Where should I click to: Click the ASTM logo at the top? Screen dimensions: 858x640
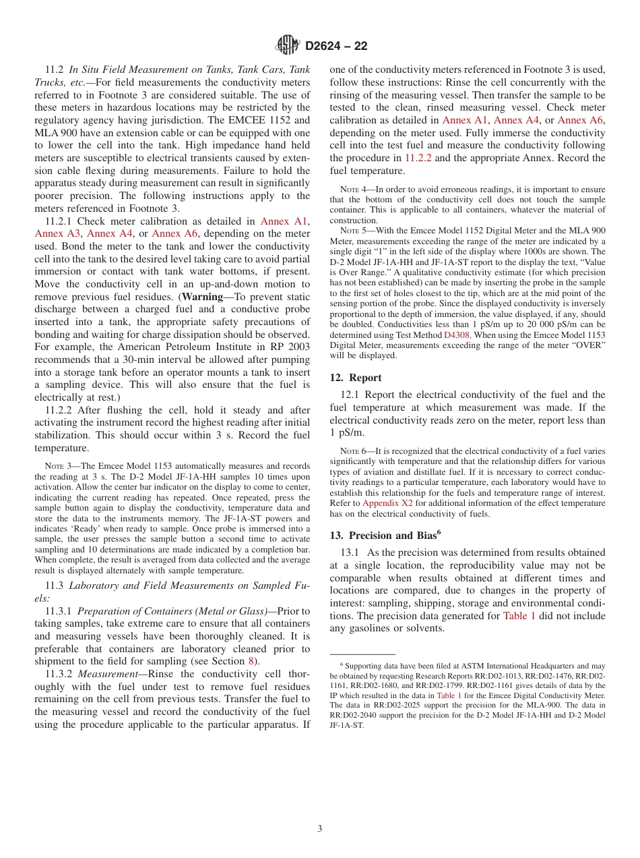pos(288,46)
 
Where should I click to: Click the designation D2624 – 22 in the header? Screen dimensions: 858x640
pos(336,47)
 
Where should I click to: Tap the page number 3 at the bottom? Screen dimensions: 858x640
pos(320,829)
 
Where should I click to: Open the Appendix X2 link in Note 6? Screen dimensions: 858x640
pos(387,503)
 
